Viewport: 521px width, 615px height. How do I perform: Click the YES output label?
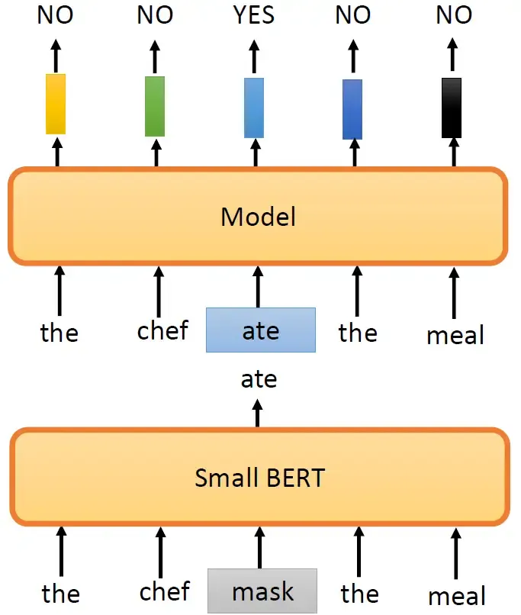[x=255, y=15]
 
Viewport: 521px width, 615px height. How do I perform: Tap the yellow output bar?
[x=56, y=104]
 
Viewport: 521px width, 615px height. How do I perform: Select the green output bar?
[x=155, y=106]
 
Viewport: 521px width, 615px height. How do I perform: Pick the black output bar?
[x=452, y=108]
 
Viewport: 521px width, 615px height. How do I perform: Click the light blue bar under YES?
[x=254, y=108]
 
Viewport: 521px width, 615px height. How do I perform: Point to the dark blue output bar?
[x=352, y=109]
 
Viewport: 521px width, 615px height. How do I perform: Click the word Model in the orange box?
[x=258, y=217]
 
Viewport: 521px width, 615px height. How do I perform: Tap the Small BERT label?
[x=259, y=478]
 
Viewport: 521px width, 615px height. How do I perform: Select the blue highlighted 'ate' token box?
[x=260, y=330]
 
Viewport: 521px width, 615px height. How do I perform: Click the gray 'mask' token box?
[x=262, y=591]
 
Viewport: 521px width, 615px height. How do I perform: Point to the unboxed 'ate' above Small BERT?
[x=259, y=379]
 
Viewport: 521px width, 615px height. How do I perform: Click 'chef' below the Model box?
[x=162, y=332]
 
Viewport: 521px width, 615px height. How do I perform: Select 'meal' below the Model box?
[x=456, y=334]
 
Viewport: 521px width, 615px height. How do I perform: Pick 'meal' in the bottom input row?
[x=456, y=595]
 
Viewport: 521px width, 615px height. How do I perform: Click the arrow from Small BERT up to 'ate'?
[x=258, y=413]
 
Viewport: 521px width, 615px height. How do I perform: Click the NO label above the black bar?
[x=454, y=15]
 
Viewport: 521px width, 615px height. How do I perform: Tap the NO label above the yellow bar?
[x=55, y=15]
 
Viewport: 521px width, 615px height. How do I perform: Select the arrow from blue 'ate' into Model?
[x=258, y=287]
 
